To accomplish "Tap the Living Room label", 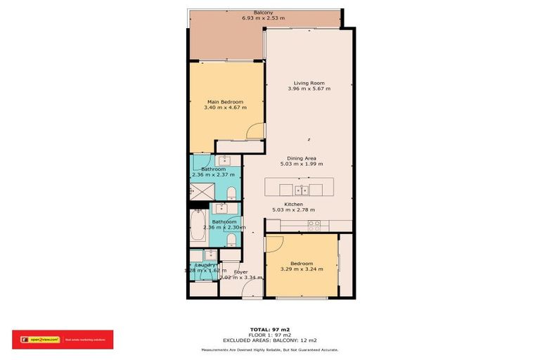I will pyautogui.click(x=309, y=83).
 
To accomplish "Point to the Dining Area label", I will pyautogui.click(x=304, y=158).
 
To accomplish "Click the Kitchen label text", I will pyautogui.click(x=292, y=204).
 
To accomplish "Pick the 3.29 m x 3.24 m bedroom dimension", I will pyautogui.click(x=302, y=269).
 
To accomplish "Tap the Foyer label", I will pyautogui.click(x=241, y=271).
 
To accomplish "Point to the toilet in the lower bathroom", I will pyautogui.click(x=231, y=238).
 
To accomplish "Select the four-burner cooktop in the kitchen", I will pyautogui.click(x=314, y=224).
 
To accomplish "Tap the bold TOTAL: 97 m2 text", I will pyautogui.click(x=269, y=328).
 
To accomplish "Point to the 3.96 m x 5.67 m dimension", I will pyautogui.click(x=309, y=89).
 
